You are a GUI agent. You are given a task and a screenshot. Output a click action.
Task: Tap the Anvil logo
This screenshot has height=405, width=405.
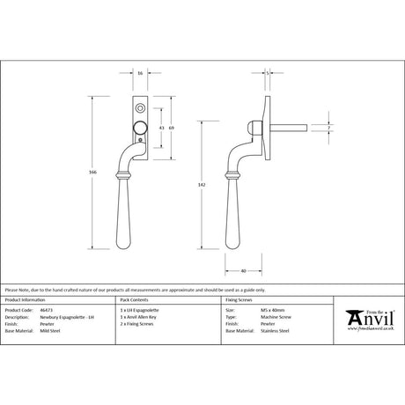(370, 317)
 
